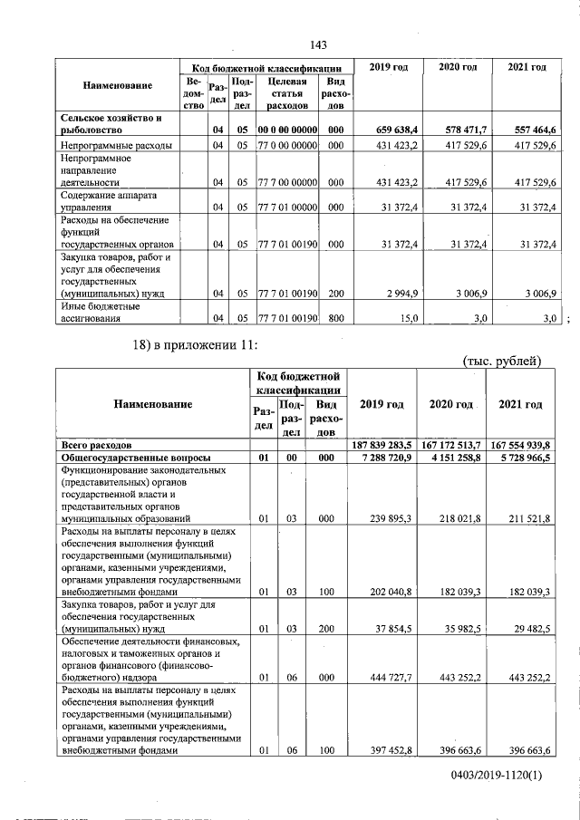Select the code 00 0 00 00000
pyautogui.click(x=287, y=130)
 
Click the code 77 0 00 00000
pyautogui.click(x=287, y=145)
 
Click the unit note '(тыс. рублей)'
pyautogui.click(x=501, y=362)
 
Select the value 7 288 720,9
pyautogui.click(x=389, y=458)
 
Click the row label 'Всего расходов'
pyautogui.click(x=96, y=445)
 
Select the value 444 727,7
pyautogui.click(x=392, y=675)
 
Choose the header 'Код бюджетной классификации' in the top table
pyautogui.click(x=266, y=68)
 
